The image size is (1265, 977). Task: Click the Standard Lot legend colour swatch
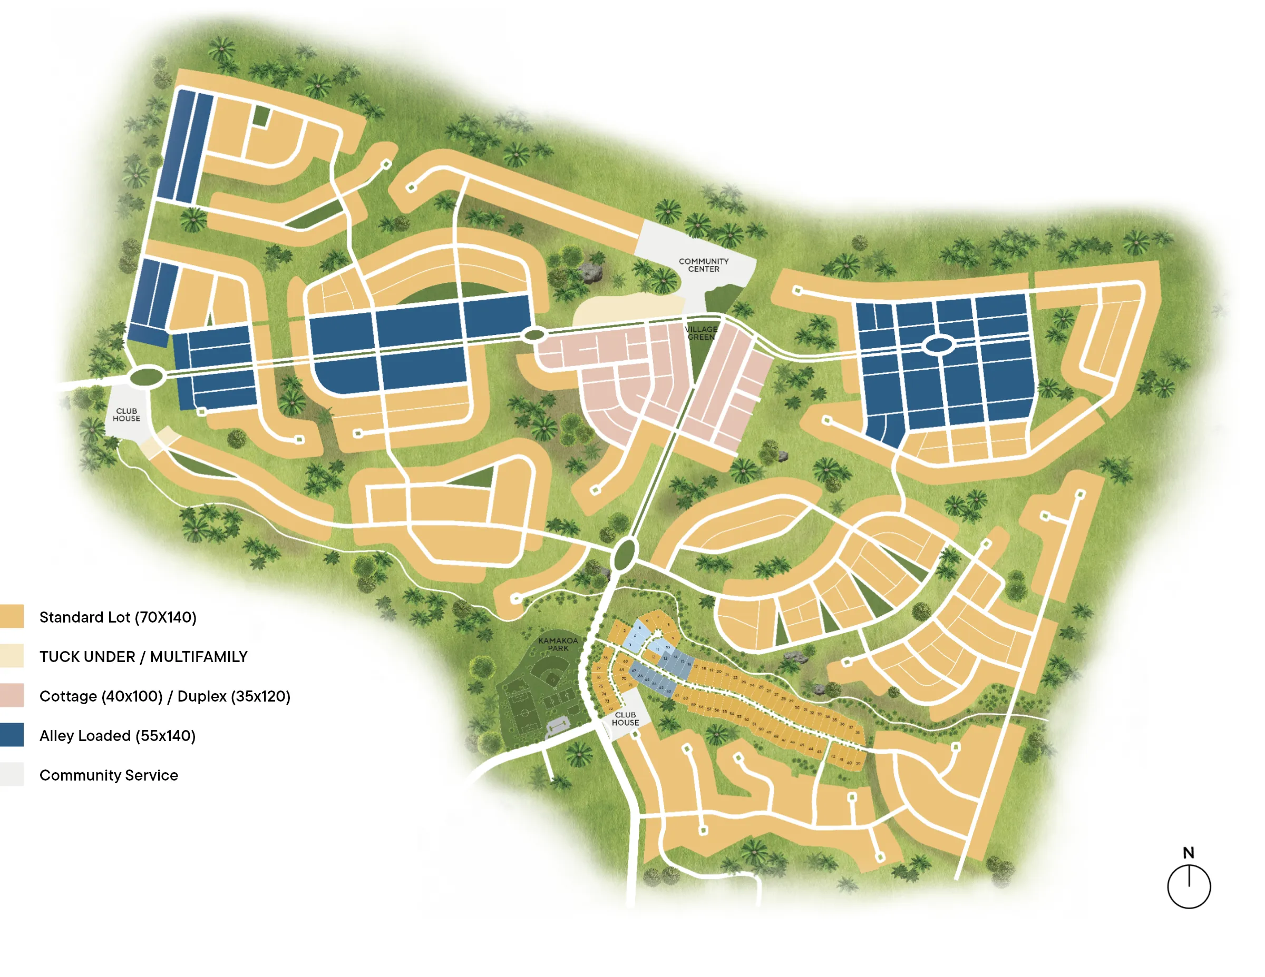click(12, 616)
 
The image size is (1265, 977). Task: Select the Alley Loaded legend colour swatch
click(12, 735)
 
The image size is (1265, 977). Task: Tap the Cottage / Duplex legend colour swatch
click(12, 695)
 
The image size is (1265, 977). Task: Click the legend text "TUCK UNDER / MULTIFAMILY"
click(143, 656)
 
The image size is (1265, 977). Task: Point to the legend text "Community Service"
click(108, 775)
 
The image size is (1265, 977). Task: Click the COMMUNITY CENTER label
click(703, 265)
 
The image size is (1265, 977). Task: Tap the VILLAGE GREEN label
click(701, 333)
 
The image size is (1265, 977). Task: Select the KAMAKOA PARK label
click(558, 644)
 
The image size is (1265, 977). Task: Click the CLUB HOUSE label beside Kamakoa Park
click(625, 719)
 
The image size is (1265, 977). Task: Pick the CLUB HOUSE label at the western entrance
click(126, 415)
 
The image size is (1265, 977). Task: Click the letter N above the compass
click(1188, 853)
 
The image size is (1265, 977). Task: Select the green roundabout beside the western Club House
click(147, 377)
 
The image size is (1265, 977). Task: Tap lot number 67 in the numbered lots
click(634, 670)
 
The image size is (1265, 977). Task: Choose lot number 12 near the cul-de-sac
click(654, 657)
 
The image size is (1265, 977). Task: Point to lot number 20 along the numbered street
click(719, 672)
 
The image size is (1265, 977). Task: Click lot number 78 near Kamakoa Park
click(605, 658)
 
